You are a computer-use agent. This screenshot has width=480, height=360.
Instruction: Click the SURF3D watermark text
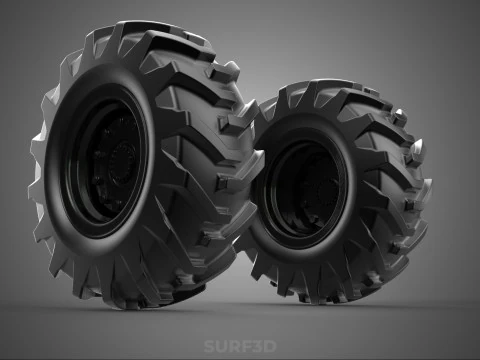240,347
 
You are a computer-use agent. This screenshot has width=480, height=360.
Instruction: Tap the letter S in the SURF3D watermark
209,347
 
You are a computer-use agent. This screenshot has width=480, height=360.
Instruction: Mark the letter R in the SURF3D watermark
233,347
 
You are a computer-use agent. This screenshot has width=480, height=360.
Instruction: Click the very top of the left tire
150,24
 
